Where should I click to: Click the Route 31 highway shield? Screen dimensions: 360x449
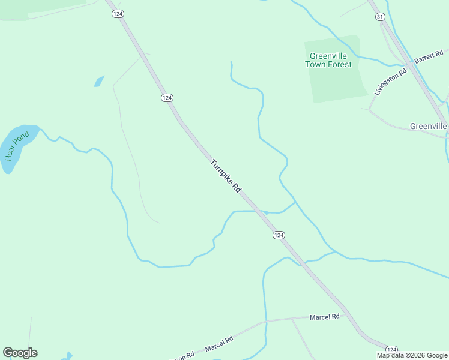point(379,17)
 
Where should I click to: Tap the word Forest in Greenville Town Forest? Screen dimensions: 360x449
point(340,64)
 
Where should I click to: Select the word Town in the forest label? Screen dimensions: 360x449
point(315,64)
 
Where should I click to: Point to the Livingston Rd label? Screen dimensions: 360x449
point(390,82)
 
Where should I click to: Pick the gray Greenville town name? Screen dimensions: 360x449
point(428,126)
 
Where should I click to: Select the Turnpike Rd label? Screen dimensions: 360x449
point(226,175)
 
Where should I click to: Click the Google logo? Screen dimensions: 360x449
point(20,353)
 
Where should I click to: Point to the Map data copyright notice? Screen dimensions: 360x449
point(412,355)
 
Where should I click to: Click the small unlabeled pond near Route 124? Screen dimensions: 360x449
point(99,81)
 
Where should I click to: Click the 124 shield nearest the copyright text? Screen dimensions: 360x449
point(391,349)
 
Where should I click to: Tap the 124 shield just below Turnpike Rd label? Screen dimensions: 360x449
point(279,235)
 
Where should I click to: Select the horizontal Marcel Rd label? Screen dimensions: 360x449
point(325,316)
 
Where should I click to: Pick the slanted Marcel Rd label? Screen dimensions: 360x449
point(218,344)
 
